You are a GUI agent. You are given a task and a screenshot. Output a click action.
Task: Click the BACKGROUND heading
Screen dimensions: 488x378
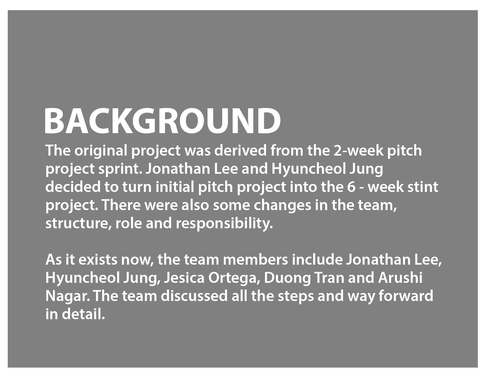[163, 121]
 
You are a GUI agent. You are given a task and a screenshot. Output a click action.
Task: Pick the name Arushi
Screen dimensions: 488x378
[400, 278]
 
